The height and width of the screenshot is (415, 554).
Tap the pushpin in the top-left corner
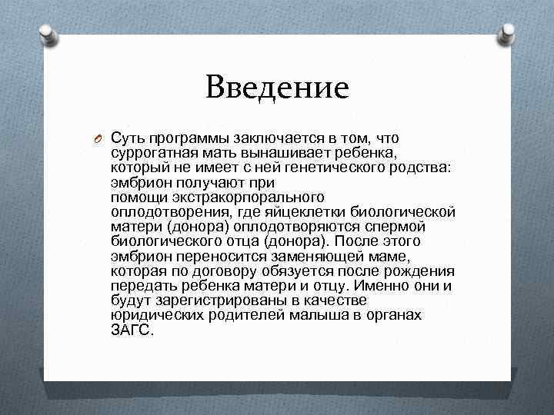point(46,32)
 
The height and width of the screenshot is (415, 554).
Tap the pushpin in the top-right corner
point(509,32)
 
